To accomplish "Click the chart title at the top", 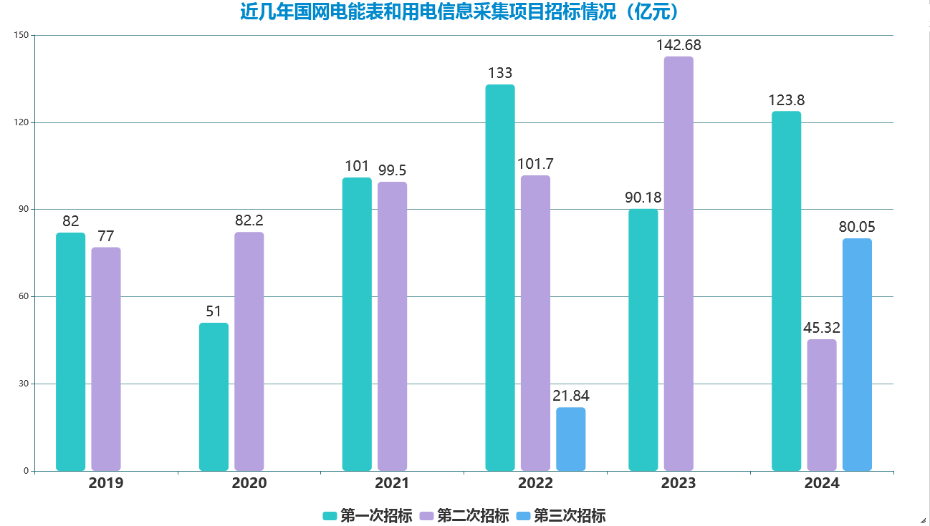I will pos(459,12).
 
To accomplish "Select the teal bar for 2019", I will pos(70,351).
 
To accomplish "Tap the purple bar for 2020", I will pos(249,351).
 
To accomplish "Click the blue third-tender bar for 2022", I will pos(570,439).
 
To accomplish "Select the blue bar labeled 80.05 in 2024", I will pos(857,354).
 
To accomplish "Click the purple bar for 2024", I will pos(821,404).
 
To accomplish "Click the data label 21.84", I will pos(571,395).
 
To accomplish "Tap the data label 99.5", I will pos(392,170).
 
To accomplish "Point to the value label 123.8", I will pos(786,100).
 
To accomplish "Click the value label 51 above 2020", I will pos(214,311).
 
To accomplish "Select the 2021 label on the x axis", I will pos(392,483).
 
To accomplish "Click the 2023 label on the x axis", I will pos(679,483).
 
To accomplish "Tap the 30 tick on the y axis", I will pos(25,384).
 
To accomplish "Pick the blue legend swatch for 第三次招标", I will pos(523,516).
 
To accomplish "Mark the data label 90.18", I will pos(643,197).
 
